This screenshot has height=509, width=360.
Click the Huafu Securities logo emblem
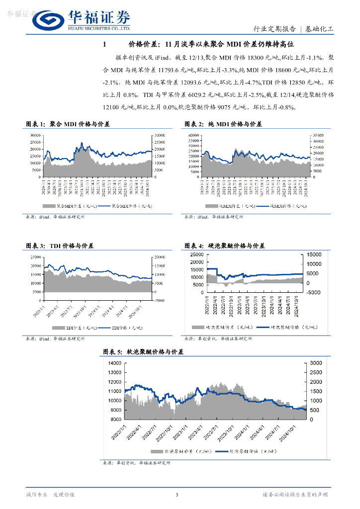[x=48, y=20]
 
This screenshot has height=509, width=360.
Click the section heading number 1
[x=104, y=45]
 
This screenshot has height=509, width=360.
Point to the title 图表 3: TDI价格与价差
[x=60, y=246]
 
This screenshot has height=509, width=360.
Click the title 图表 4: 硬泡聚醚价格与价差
[x=224, y=246]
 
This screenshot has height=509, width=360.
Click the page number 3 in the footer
[x=177, y=495]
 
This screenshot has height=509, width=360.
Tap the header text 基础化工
[x=319, y=29]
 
